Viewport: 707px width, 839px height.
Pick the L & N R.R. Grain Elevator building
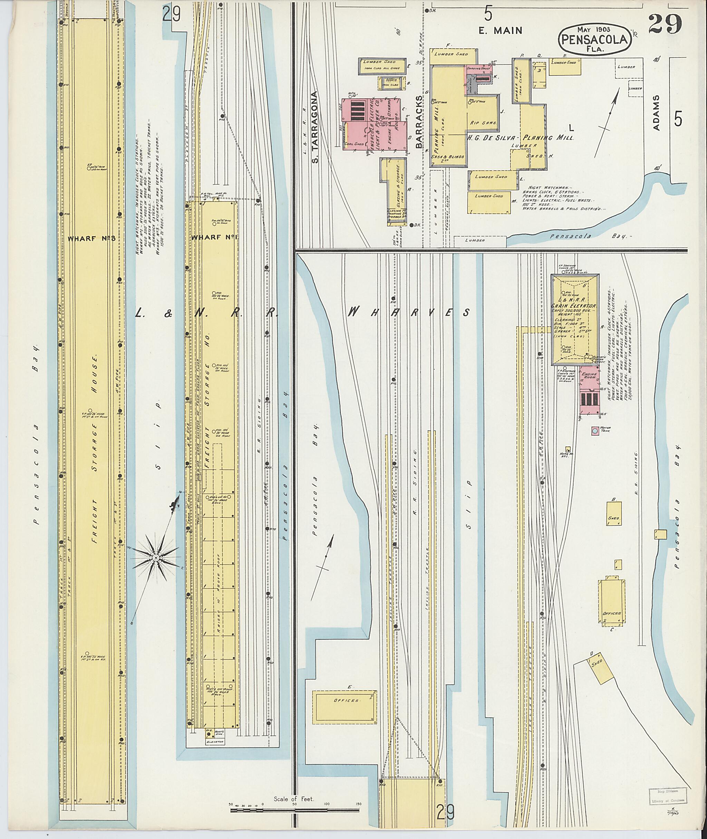tap(574, 320)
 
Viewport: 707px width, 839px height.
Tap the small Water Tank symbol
tap(595, 431)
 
